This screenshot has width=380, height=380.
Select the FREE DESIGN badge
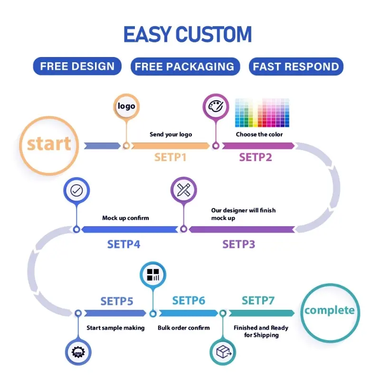click(77, 66)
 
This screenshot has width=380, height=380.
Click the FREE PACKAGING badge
click(184, 66)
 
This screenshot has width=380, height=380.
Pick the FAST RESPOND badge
click(296, 66)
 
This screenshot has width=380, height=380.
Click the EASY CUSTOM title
click(188, 35)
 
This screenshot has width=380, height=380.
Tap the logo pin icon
click(126, 106)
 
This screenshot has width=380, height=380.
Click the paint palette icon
click(216, 106)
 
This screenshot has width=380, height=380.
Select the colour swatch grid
click(262, 113)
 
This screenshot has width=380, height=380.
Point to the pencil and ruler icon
click(183, 190)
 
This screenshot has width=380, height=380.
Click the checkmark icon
click(76, 190)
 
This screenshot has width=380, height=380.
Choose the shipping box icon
click(222, 352)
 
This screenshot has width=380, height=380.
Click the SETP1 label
click(171, 157)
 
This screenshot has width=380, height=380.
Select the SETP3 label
click(238, 245)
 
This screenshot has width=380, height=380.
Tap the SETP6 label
click(189, 300)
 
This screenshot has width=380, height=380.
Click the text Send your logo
click(171, 134)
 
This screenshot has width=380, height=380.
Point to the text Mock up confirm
click(125, 218)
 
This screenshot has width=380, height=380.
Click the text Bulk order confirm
click(183, 328)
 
